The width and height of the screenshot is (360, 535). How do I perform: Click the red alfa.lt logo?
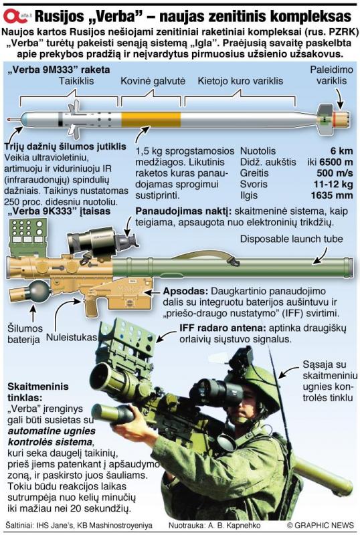pyautogui.click(x=17, y=16)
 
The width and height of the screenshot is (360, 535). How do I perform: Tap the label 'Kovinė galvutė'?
pyautogui.click(x=153, y=81)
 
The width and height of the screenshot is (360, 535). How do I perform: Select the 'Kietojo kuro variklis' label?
pyautogui.click(x=240, y=81)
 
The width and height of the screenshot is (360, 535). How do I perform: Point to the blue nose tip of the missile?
pyautogui.click(x=23, y=120)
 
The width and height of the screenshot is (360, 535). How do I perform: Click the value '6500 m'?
pyautogui.click(x=336, y=162)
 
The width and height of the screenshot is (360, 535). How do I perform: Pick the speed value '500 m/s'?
pyautogui.click(x=335, y=173)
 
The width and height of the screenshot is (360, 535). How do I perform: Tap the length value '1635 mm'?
pyautogui.click(x=332, y=195)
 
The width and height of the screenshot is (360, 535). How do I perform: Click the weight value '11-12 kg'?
pyautogui.click(x=333, y=185)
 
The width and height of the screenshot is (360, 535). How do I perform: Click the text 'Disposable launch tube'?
pyautogui.click(x=291, y=239)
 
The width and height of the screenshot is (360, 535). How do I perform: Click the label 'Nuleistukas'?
pyautogui.click(x=72, y=338)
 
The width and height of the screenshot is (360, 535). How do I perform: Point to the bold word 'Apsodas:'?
pyautogui.click(x=185, y=292)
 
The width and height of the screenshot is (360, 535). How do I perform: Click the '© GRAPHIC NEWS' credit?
pyautogui.click(x=320, y=525)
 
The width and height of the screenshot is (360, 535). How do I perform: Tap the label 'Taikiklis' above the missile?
pyautogui.click(x=76, y=81)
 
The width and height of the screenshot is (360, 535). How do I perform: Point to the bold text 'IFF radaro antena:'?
pyautogui.click(x=223, y=328)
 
